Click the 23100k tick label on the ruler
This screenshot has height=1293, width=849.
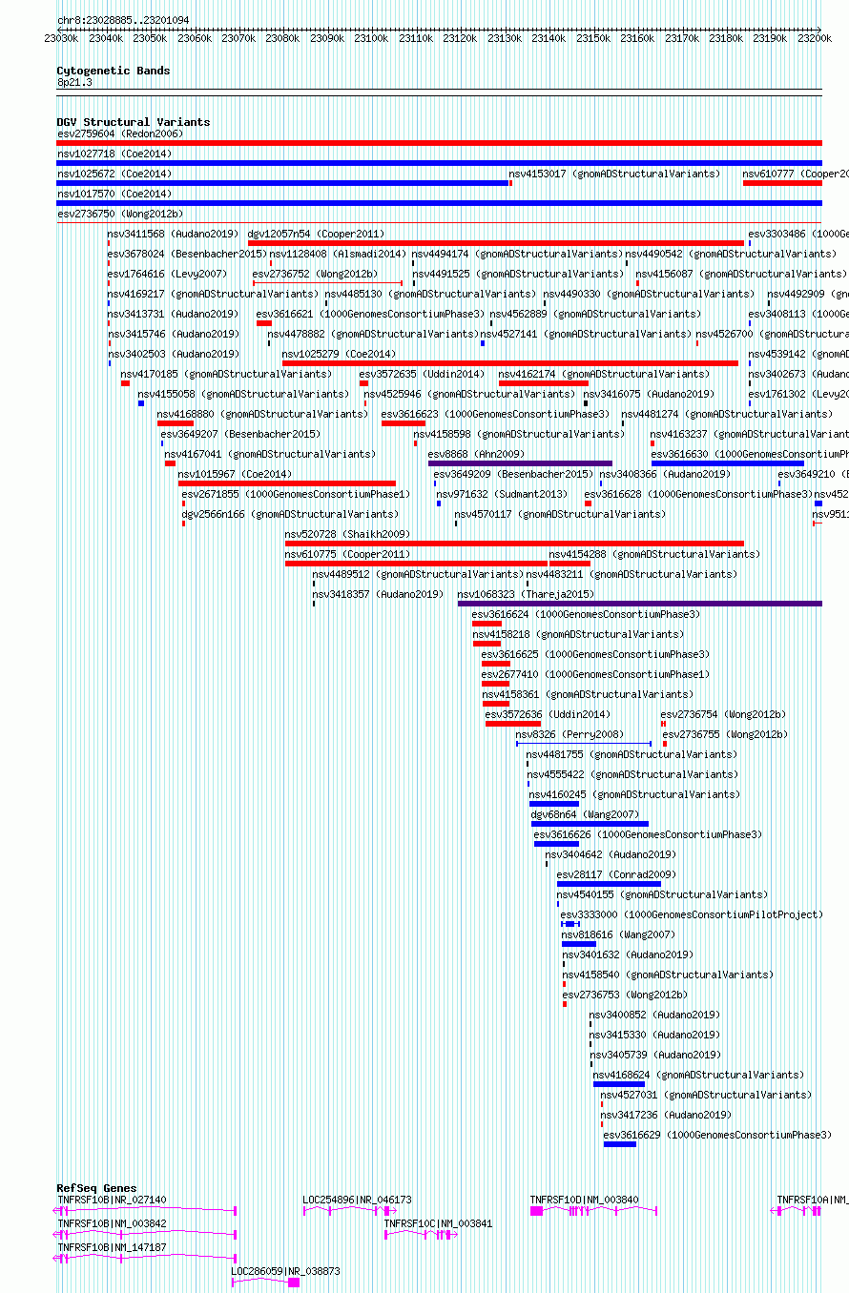tap(370, 38)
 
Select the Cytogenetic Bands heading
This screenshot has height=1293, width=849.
tap(113, 71)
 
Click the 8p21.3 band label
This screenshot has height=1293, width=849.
tap(74, 83)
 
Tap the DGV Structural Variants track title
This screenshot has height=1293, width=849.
tap(133, 122)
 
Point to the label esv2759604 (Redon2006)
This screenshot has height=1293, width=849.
tap(120, 133)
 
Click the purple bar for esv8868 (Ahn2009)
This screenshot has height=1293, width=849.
tap(520, 463)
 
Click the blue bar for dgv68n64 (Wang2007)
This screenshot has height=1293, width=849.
tap(590, 824)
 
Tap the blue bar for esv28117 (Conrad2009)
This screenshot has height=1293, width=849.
tap(609, 884)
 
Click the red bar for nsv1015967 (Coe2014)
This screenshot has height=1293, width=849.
tap(286, 483)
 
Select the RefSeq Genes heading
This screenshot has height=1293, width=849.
tap(96, 1188)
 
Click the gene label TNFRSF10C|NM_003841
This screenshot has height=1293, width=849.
tap(438, 1223)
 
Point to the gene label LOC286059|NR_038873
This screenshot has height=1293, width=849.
tap(285, 1271)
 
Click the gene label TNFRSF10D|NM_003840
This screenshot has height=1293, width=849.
tap(584, 1200)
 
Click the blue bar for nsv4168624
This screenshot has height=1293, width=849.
tap(618, 1084)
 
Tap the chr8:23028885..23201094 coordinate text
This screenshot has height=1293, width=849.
tap(123, 20)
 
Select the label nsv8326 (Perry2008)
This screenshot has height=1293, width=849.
tap(569, 734)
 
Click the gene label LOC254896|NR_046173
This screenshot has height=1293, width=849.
tap(357, 1200)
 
